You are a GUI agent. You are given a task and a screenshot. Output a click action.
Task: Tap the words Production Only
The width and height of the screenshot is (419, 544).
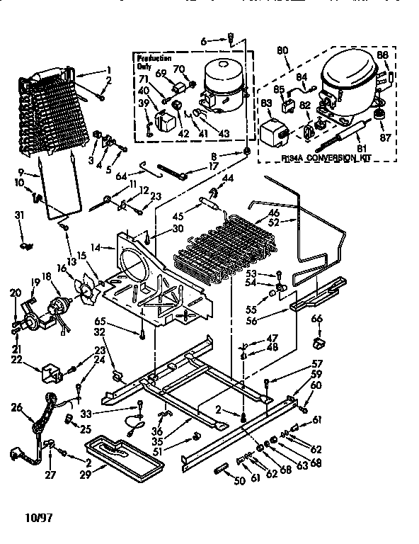pyautogui.click(x=152, y=62)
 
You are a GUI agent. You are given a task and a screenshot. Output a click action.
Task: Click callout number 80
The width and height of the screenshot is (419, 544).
pyautogui.click(x=282, y=50)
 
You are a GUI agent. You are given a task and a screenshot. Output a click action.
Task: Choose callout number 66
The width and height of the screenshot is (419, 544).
pyautogui.click(x=316, y=319)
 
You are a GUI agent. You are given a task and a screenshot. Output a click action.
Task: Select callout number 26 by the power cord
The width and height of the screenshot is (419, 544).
pyautogui.click(x=17, y=407)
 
